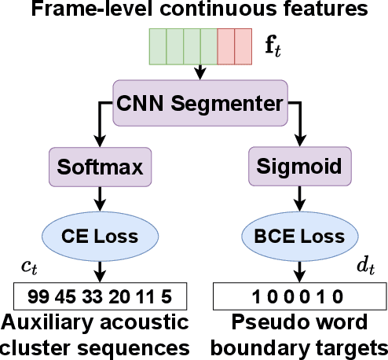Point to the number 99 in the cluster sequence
(37, 296)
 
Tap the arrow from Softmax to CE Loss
(100, 197)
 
